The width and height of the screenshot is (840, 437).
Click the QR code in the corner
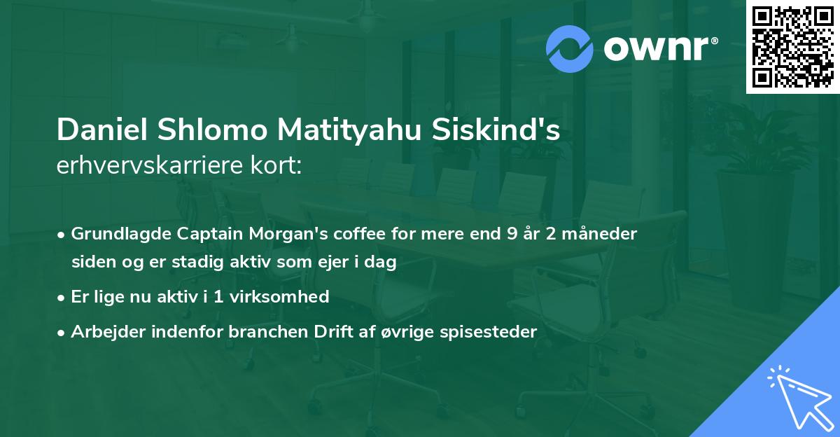792,46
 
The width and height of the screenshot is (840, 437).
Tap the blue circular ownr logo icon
570,48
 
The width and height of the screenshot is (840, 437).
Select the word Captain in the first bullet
192,234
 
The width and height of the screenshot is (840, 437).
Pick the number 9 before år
513,234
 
